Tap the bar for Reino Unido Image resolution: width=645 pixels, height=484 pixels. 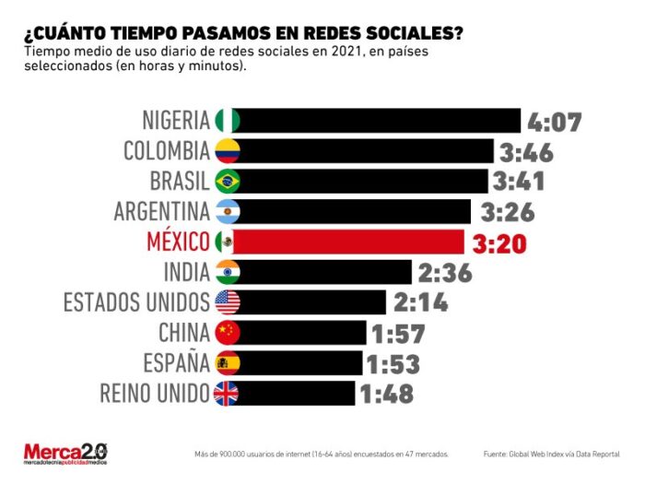pos(296,394)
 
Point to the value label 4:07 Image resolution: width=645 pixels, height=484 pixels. pos(554,122)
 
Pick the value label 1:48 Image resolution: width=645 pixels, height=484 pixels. pos(386,395)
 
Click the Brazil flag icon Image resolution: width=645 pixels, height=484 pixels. pos(227,181)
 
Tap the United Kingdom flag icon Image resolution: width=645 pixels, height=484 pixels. pos(226,394)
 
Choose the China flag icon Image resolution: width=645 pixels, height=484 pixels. pos(227,333)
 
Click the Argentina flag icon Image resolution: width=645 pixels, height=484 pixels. pos(227,211)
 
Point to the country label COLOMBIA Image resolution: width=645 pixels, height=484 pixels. pos(167,150)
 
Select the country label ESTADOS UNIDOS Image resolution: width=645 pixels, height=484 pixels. pos(136,302)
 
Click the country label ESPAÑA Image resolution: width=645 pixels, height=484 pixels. pos(176,363)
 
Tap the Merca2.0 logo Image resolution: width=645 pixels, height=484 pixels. pos(65,454)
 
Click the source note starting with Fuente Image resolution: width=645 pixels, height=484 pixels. pos(551,454)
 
